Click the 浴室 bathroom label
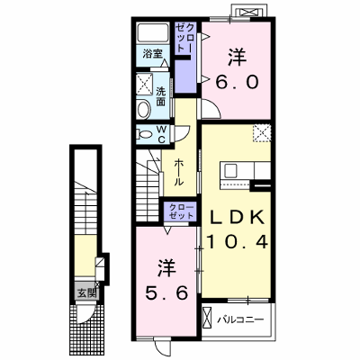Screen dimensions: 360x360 point(153,54)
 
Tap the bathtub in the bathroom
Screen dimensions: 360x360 point(153,33)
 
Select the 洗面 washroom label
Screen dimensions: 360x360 point(161,96)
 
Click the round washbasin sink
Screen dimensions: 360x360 point(144,109)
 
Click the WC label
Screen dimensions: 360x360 point(161,134)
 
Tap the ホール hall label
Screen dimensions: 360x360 point(179,172)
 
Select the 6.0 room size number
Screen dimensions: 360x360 point(237,82)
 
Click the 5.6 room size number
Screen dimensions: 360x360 point(166,292)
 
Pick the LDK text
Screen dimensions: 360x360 point(237,218)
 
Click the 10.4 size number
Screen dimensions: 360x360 point(237,241)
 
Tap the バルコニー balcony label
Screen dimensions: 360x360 point(240,319)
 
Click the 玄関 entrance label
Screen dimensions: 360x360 point(86,293)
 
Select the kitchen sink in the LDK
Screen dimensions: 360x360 point(230,171)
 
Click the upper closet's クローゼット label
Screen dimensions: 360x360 point(184,38)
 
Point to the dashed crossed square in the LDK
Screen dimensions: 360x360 point(262,133)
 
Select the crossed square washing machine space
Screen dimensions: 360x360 point(145,83)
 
